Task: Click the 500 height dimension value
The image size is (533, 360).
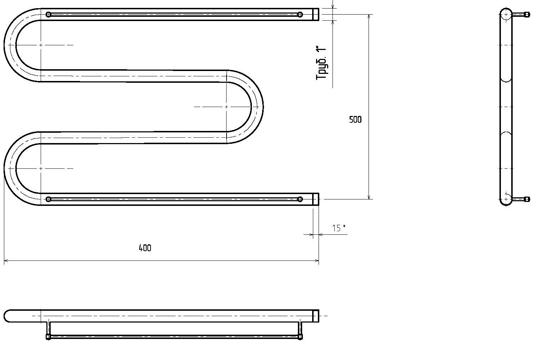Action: click(355, 120)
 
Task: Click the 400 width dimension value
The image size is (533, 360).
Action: click(145, 248)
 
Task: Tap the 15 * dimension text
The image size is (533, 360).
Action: click(339, 228)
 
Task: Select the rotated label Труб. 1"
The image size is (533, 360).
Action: click(321, 63)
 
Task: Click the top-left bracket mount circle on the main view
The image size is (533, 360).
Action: click(48, 15)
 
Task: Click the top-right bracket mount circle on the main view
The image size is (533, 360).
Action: click(300, 15)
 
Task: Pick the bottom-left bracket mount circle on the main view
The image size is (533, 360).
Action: click(48, 199)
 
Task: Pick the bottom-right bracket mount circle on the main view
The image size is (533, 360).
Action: click(300, 199)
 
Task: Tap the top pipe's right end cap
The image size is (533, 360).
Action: click(316, 15)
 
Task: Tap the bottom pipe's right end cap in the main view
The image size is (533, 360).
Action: click(316, 199)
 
